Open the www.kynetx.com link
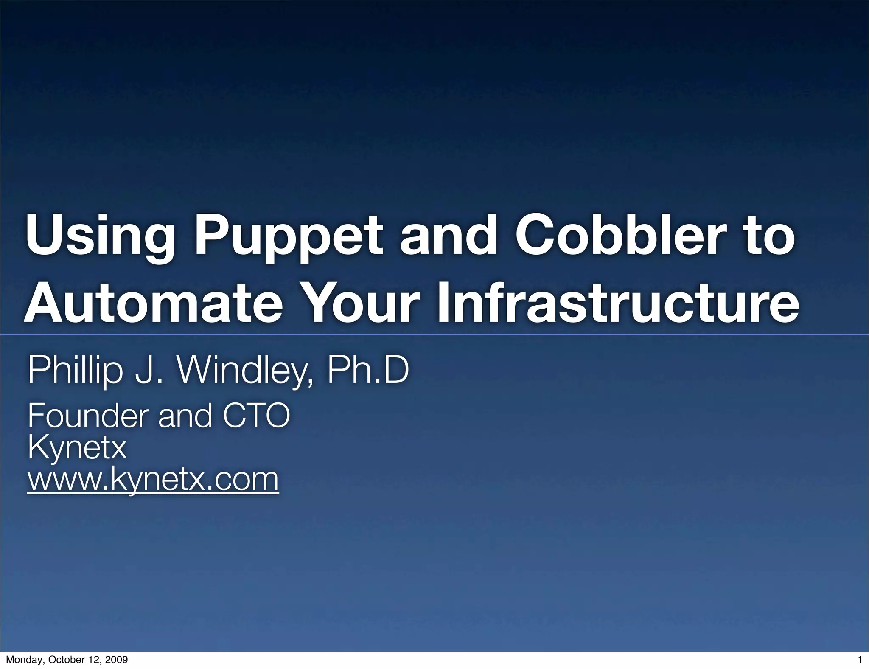point(153,479)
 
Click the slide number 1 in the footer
point(859,660)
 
